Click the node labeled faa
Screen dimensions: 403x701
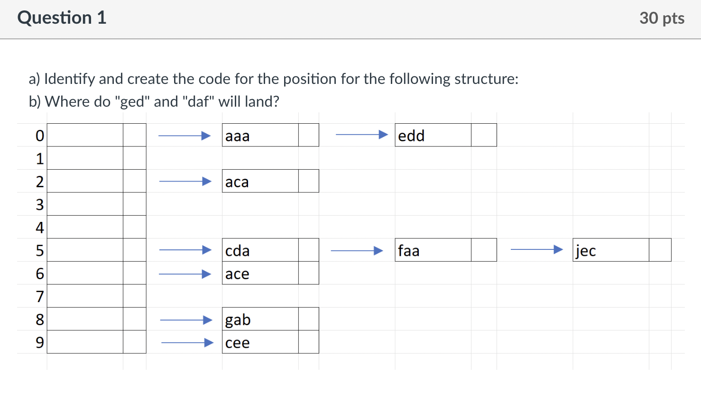point(433,250)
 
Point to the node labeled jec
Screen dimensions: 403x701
point(611,250)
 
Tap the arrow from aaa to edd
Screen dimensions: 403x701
point(361,135)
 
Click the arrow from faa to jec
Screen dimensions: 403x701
point(536,249)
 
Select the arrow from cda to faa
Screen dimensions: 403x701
point(357,250)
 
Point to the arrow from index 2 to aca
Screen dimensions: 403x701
point(185,182)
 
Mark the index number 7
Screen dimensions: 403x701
point(40,297)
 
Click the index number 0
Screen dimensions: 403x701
point(40,136)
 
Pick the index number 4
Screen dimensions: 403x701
point(40,228)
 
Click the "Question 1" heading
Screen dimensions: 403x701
point(62,18)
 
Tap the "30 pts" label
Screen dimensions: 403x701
point(662,18)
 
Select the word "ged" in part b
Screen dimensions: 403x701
point(132,102)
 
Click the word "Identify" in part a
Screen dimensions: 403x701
point(70,79)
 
